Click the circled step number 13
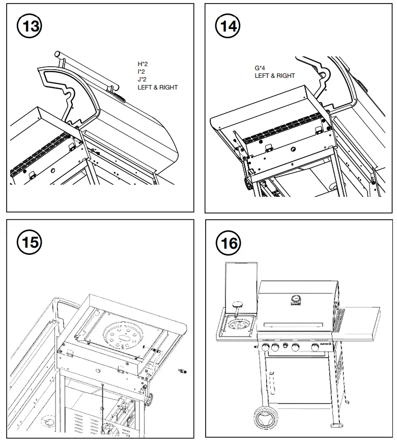click(31, 25)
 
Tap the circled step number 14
click(228, 25)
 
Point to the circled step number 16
click(228, 244)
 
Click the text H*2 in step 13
click(143, 64)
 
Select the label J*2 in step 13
click(143, 79)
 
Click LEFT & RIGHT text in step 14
click(275, 76)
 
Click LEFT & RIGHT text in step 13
click(158, 87)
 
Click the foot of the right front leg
click(336, 424)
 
